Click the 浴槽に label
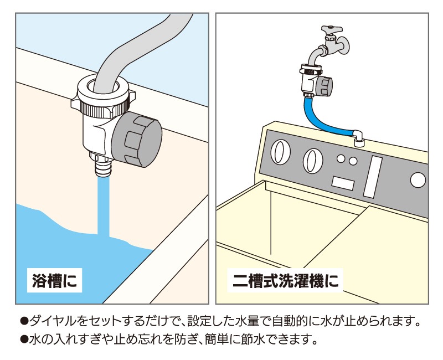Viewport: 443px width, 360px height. [54, 281]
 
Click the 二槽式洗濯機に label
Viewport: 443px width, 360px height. [285, 281]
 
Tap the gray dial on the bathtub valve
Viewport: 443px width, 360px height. [137, 140]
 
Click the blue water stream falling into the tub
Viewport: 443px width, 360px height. [104, 206]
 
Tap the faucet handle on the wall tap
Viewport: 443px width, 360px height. [332, 29]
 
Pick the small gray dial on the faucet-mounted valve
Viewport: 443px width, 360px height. [323, 86]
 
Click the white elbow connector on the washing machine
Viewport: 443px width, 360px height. [358, 138]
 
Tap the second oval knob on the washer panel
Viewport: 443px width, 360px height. [313, 161]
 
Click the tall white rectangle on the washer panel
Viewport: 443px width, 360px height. [373, 177]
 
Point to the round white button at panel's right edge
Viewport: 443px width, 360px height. [418, 180]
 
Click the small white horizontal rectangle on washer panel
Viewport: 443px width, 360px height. [343, 183]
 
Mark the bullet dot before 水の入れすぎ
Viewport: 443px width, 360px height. [24, 340]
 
